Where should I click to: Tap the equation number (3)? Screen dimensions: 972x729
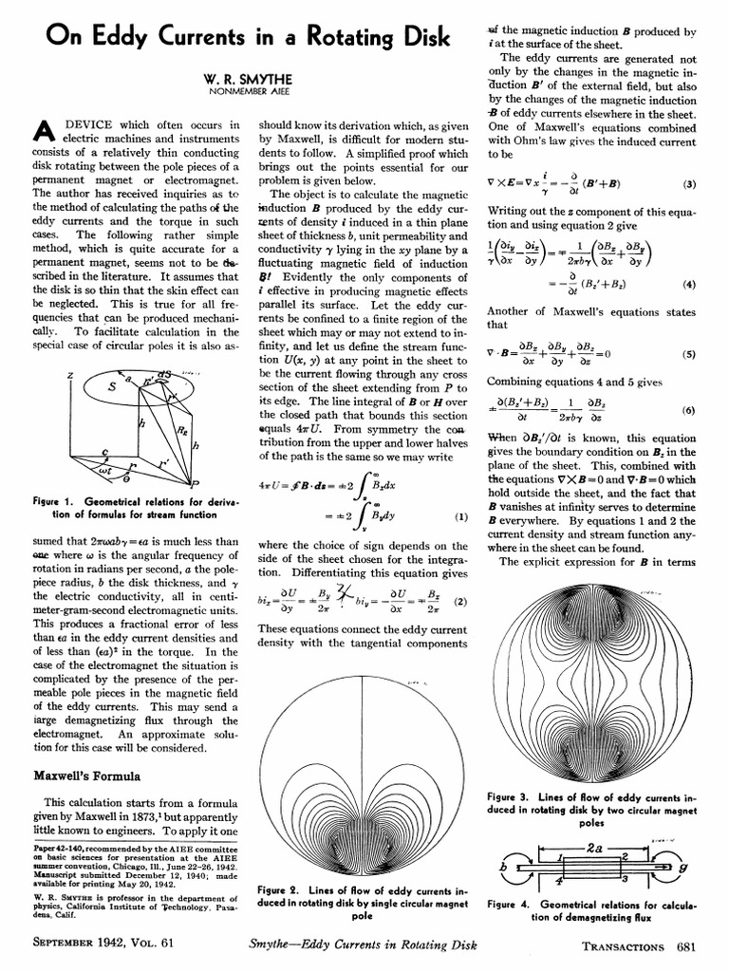690,184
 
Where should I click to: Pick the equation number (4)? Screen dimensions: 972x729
690,284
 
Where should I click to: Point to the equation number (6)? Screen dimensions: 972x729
690,410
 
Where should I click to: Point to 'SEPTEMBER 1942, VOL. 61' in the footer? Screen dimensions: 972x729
103,945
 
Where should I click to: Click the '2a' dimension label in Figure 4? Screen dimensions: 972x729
596,845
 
